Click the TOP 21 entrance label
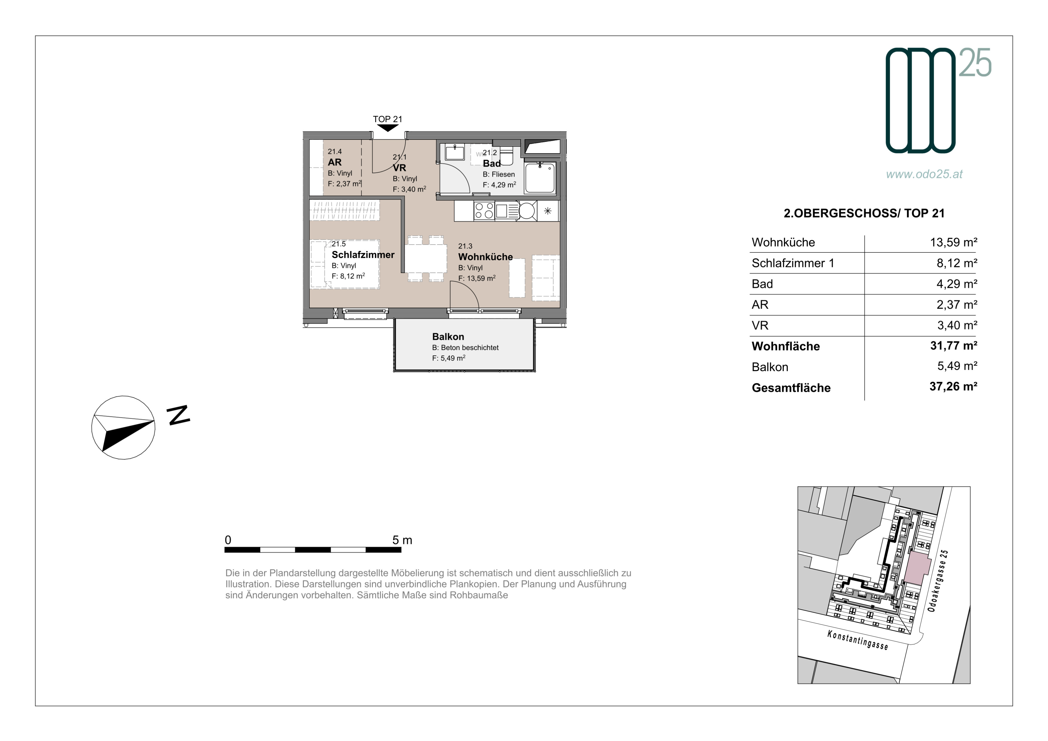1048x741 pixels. pos(387,119)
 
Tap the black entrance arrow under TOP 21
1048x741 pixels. pos(387,128)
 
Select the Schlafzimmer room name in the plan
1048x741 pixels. pos(363,254)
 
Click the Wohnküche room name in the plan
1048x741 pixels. pos(485,257)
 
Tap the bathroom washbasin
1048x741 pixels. pos(454,152)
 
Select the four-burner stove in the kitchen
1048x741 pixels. pos(484,211)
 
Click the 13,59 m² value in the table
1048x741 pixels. pos(953,242)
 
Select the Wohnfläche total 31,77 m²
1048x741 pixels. pos(953,346)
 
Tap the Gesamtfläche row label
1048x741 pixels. pos(791,388)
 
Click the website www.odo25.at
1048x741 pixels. pos(924,174)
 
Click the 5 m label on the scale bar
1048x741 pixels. pos(402,540)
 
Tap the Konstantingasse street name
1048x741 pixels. pos(858,640)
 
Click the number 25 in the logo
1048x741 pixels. pos(975,63)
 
